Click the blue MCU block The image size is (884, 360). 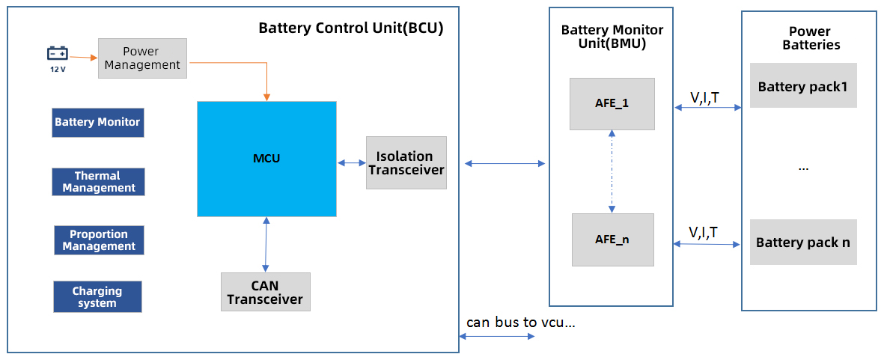point(266,159)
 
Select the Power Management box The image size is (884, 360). point(142,58)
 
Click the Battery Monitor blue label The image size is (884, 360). point(97,122)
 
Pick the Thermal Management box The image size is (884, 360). point(98,182)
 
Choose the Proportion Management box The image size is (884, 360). point(99,240)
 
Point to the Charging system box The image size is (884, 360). point(97,296)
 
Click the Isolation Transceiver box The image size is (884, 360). point(406,162)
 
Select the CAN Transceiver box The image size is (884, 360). point(265,292)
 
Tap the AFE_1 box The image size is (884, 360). point(612,103)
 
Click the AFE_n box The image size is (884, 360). point(612,240)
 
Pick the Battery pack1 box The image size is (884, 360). point(802,86)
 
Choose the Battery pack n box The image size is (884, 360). point(802,242)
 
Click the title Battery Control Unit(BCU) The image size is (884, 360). point(351,28)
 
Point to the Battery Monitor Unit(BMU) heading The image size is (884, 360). point(612,37)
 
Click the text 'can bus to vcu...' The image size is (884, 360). point(520,323)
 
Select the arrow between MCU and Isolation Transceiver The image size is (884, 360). point(351,162)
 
